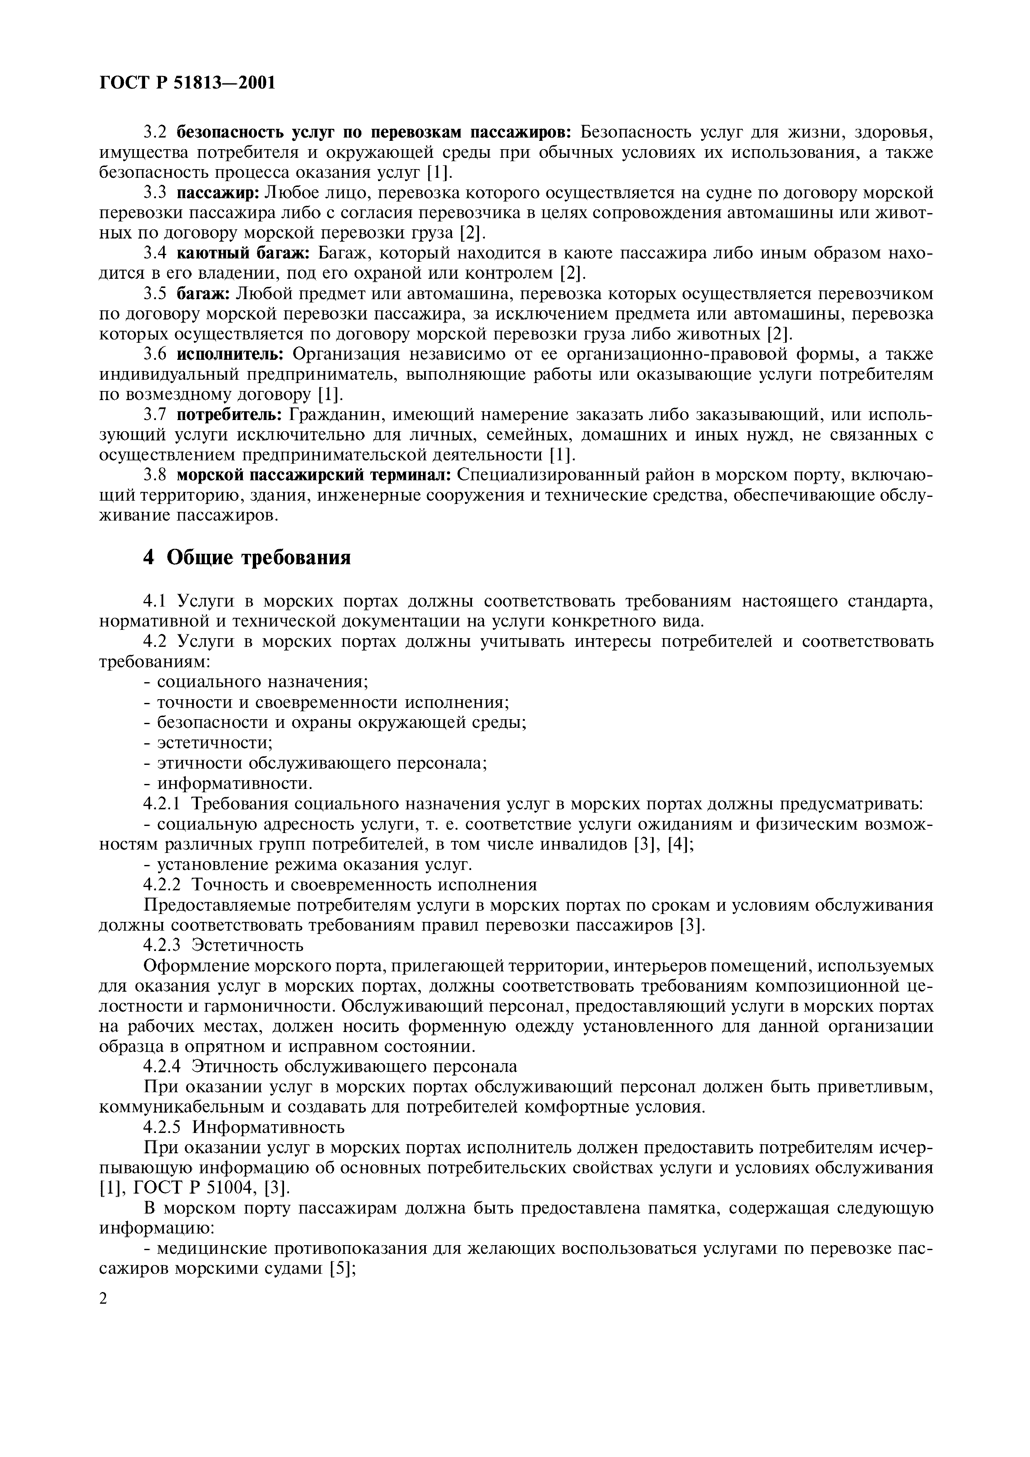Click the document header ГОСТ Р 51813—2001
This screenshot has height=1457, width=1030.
click(x=188, y=83)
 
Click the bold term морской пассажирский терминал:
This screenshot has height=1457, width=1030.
click(x=314, y=475)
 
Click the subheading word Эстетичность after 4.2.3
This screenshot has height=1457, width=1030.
click(x=248, y=945)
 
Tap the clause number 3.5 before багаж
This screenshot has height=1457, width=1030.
click(x=154, y=294)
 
